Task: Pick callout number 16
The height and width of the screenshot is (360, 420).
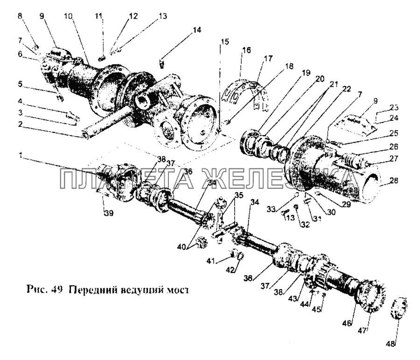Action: (x=246, y=49)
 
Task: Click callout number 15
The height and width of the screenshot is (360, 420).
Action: (x=225, y=42)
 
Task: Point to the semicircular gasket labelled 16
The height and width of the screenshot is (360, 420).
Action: (x=243, y=93)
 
